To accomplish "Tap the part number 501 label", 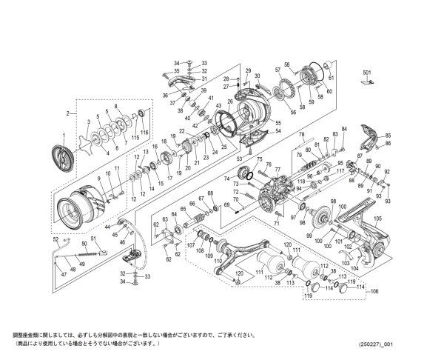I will point(366,73).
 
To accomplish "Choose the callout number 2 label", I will point(67,113).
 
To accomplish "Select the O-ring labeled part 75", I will point(249,176).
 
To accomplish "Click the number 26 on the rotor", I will point(230,101).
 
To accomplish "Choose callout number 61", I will point(332,77).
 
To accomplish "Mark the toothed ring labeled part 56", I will point(280,93).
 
